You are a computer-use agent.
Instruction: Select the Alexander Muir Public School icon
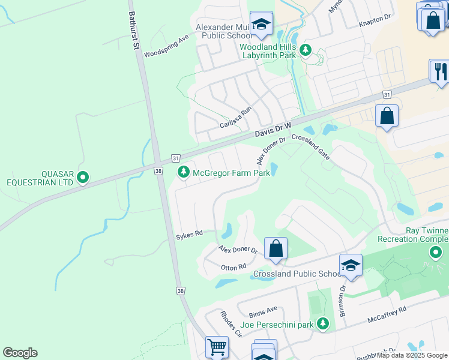[261, 25]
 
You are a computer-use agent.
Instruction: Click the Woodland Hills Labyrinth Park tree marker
[306, 49]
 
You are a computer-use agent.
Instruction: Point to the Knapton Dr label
[375, 19]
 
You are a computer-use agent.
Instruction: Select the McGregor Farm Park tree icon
[184, 173]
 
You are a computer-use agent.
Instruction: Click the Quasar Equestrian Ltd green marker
[83, 177]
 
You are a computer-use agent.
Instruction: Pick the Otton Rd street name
[234, 266]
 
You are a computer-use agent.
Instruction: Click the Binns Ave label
[263, 311]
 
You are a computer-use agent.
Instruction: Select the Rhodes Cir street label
[230, 324]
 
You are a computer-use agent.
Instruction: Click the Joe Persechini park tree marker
[323, 324]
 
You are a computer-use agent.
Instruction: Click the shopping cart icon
[217, 346]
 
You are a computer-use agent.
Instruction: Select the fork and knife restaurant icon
[439, 71]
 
